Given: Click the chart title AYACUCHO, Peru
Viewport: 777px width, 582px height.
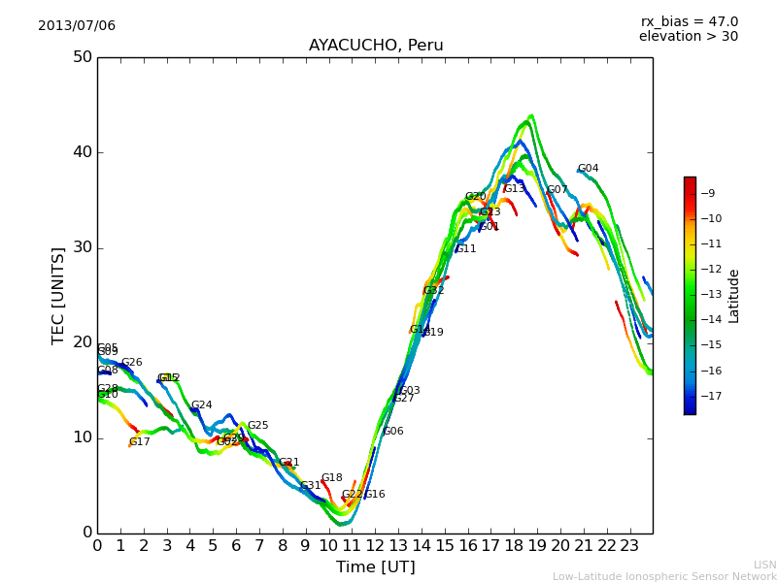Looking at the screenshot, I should click(x=376, y=46).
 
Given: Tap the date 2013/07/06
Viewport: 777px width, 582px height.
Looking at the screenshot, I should click(x=77, y=25).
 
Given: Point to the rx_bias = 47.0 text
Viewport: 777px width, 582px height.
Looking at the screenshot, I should click(x=689, y=21).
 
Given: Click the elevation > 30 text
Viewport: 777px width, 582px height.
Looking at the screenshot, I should click(x=688, y=37).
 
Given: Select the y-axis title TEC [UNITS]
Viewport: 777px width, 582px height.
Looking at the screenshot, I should click(x=59, y=295).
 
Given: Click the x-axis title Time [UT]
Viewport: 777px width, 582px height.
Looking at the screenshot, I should click(x=375, y=567).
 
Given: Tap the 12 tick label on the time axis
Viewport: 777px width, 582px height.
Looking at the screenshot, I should click(x=375, y=545).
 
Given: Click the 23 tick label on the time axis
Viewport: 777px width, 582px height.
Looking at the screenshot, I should click(x=629, y=545).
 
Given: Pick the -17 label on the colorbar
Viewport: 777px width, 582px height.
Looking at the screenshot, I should click(x=709, y=395).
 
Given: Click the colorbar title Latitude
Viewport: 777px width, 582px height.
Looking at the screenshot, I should click(x=734, y=296).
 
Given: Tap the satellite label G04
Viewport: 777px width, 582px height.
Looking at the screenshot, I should click(x=588, y=169).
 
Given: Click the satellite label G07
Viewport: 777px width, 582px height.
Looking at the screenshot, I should click(x=557, y=190).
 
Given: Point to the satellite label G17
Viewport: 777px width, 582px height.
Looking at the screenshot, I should click(x=140, y=442).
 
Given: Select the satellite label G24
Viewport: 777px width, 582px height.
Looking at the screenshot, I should click(x=201, y=405).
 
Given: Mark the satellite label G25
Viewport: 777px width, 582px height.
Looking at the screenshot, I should click(x=257, y=426).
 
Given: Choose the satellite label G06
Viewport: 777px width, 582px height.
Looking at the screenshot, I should click(x=393, y=432).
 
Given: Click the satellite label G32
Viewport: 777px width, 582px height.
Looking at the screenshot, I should click(x=433, y=291).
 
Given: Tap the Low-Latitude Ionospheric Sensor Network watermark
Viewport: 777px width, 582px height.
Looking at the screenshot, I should click(x=664, y=576).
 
